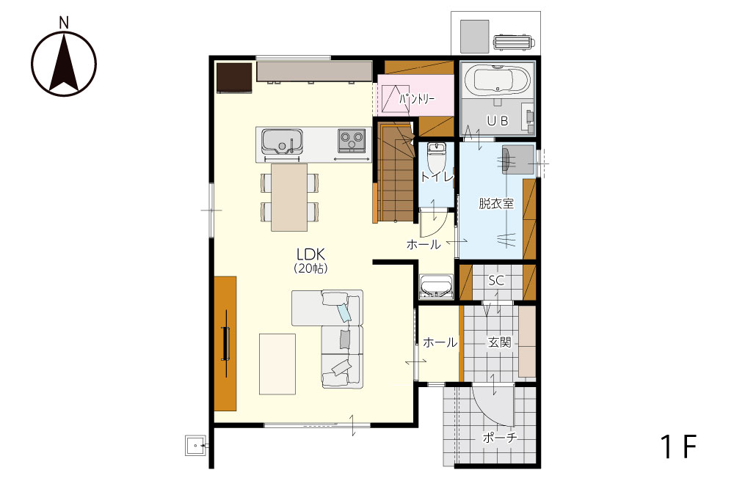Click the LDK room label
(x=310, y=254)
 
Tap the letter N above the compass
(x=64, y=22)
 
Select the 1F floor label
(x=679, y=446)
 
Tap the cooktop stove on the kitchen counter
(x=352, y=140)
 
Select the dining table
(x=289, y=197)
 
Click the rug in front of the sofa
(x=277, y=364)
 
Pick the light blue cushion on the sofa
(x=344, y=312)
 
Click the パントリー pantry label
(x=417, y=99)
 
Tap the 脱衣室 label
(x=496, y=203)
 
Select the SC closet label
(x=496, y=281)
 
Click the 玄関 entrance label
(x=499, y=342)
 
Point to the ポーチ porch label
(x=500, y=438)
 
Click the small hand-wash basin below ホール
(x=436, y=286)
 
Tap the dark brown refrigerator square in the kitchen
(x=235, y=78)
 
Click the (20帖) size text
(x=310, y=268)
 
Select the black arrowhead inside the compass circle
(x=64, y=62)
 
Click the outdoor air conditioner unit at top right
(x=514, y=43)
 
